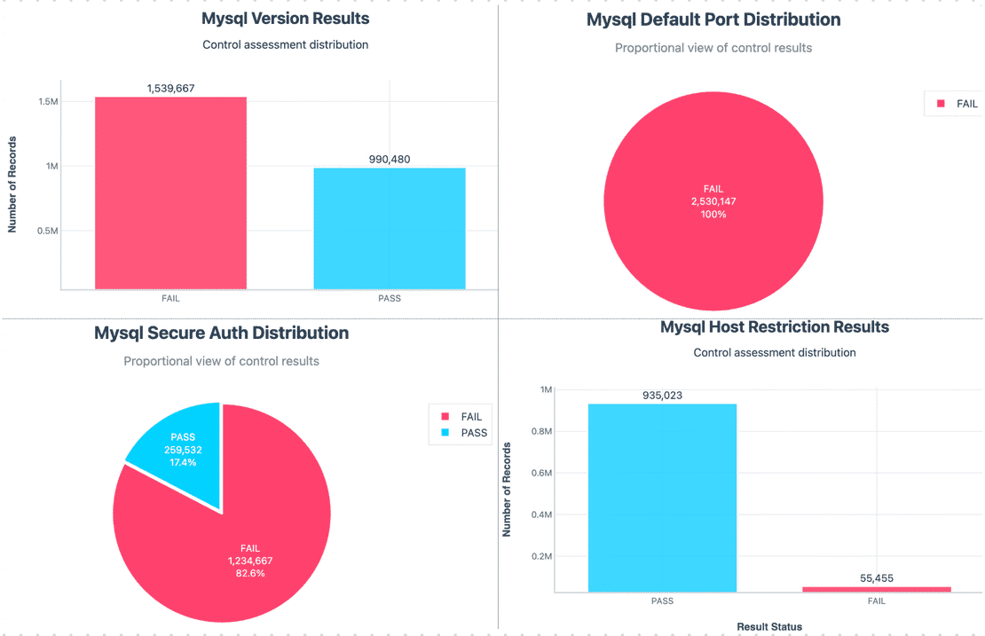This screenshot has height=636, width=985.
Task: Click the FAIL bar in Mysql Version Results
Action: (x=170, y=192)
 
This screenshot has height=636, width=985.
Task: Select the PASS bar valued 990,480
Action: (x=390, y=228)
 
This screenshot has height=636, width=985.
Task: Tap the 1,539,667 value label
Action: (x=170, y=88)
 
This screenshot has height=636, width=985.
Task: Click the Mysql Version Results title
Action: (x=285, y=18)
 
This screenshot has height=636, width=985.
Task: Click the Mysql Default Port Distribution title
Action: (x=713, y=20)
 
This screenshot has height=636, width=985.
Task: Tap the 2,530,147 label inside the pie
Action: (x=713, y=201)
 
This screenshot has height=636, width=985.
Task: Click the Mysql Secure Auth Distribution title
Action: (x=221, y=334)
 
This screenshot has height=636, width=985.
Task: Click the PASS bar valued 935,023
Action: (x=662, y=497)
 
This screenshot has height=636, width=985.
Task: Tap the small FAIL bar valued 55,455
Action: (x=876, y=588)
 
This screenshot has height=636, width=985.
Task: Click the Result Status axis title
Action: (x=769, y=627)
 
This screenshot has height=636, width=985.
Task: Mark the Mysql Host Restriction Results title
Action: (x=774, y=327)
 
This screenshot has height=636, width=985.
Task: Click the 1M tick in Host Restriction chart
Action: (x=545, y=389)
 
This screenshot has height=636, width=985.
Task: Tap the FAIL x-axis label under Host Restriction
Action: (x=876, y=601)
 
